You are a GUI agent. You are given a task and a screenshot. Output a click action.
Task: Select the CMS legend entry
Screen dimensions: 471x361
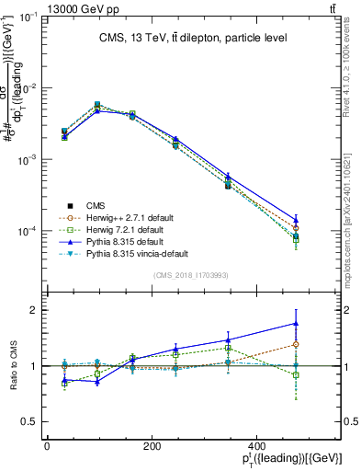95,205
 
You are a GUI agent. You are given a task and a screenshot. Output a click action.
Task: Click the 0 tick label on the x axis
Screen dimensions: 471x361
47,446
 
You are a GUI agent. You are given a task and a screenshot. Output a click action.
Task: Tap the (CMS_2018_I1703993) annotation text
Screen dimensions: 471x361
191,275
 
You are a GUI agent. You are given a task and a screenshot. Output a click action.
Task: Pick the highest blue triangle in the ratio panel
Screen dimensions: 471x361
295,323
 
